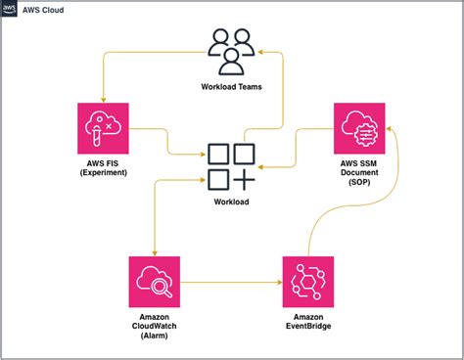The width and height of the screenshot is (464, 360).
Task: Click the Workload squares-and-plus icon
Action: click(232, 166)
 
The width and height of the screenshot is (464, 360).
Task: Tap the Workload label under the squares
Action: click(232, 202)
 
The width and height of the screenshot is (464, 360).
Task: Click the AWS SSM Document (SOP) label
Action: click(360, 172)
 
